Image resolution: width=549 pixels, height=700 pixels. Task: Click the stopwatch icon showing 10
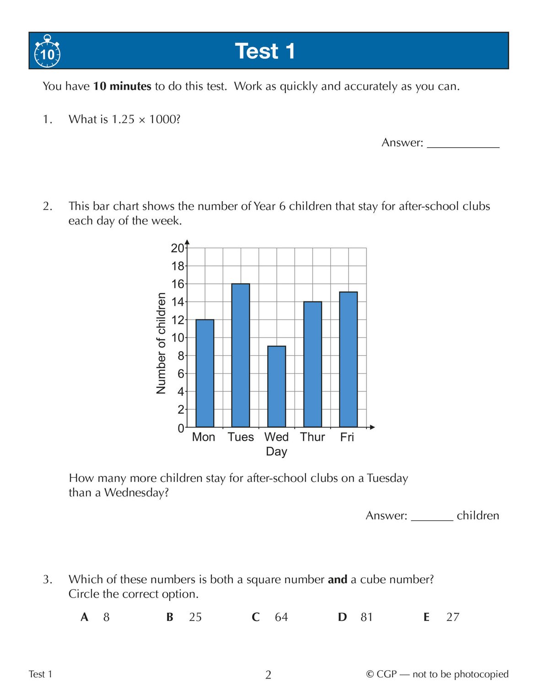point(47,52)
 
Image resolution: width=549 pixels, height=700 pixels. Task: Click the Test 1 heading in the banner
point(265,51)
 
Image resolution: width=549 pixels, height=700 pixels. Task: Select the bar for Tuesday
point(241,355)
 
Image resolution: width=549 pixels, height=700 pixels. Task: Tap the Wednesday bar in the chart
point(276,386)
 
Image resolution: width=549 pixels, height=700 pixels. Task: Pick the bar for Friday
point(348,359)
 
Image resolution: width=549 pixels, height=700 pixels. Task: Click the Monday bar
point(205,373)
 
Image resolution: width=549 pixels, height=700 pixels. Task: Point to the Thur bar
point(312,364)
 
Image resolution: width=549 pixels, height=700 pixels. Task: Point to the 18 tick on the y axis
point(178,266)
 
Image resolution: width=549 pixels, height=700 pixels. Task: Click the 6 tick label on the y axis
point(181,374)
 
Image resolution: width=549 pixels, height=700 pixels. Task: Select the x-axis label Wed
point(276,437)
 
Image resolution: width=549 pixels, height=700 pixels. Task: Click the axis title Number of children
point(161,343)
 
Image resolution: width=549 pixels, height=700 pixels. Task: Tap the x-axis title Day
point(276,452)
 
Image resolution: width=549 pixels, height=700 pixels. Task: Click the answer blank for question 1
point(463,143)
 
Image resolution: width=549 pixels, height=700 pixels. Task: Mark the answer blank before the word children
point(431,516)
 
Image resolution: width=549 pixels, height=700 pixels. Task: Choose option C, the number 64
point(281,617)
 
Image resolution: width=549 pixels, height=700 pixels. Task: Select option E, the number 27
point(452,617)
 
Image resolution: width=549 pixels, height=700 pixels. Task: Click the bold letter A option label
point(84,617)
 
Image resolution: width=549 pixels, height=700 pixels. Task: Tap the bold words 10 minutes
point(122,86)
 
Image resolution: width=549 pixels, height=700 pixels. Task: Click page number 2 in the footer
point(268,675)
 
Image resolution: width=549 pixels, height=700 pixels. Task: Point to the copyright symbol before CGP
point(370,674)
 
